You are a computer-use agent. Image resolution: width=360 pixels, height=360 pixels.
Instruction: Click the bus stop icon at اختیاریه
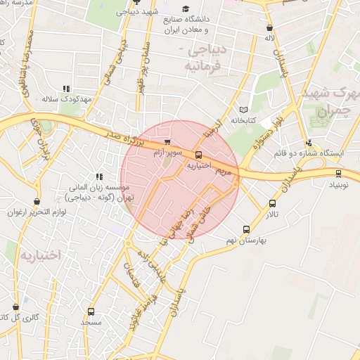[198, 155]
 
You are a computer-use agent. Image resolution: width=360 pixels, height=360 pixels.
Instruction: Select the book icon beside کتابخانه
[244, 110]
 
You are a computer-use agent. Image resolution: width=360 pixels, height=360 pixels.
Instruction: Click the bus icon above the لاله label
[269, 28]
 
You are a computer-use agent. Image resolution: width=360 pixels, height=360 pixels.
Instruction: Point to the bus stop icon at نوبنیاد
[339, 173]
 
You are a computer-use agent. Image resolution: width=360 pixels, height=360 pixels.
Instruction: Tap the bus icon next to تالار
[272, 204]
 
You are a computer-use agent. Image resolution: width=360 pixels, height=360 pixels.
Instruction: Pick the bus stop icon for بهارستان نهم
[246, 229]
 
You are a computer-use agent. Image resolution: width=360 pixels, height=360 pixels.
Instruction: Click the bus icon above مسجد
[91, 311]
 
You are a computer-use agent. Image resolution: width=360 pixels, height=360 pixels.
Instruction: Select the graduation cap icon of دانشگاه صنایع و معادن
[186, 8]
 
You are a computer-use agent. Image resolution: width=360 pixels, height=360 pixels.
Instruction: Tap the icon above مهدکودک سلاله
[66, 89]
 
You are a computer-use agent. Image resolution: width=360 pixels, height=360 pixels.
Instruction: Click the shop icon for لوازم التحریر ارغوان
[37, 202]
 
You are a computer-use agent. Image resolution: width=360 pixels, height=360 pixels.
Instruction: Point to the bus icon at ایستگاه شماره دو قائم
[309, 143]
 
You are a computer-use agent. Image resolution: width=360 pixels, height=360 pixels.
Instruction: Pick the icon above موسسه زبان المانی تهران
[99, 176]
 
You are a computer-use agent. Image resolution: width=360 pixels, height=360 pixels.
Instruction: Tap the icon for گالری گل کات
[15, 307]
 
